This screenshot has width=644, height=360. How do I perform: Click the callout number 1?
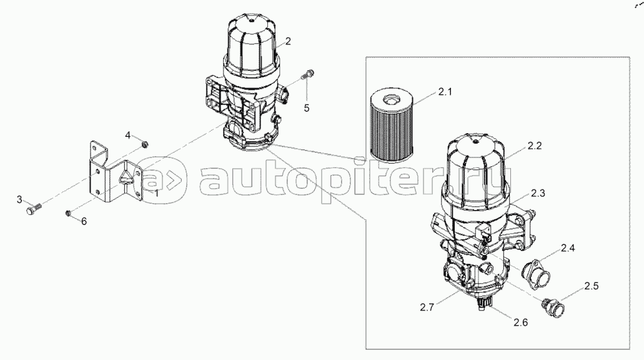[156, 193]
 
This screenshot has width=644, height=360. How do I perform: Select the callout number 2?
[288, 41]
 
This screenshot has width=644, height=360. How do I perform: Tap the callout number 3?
[19, 200]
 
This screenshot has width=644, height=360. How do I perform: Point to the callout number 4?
[127, 135]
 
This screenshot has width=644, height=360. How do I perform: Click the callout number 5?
[307, 108]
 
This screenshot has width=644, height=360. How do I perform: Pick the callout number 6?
[84, 221]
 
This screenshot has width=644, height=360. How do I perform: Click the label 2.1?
[445, 92]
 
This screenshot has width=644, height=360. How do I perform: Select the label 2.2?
[535, 146]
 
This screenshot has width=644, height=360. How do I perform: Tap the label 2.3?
[538, 193]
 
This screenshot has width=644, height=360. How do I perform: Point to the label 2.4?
[568, 247]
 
